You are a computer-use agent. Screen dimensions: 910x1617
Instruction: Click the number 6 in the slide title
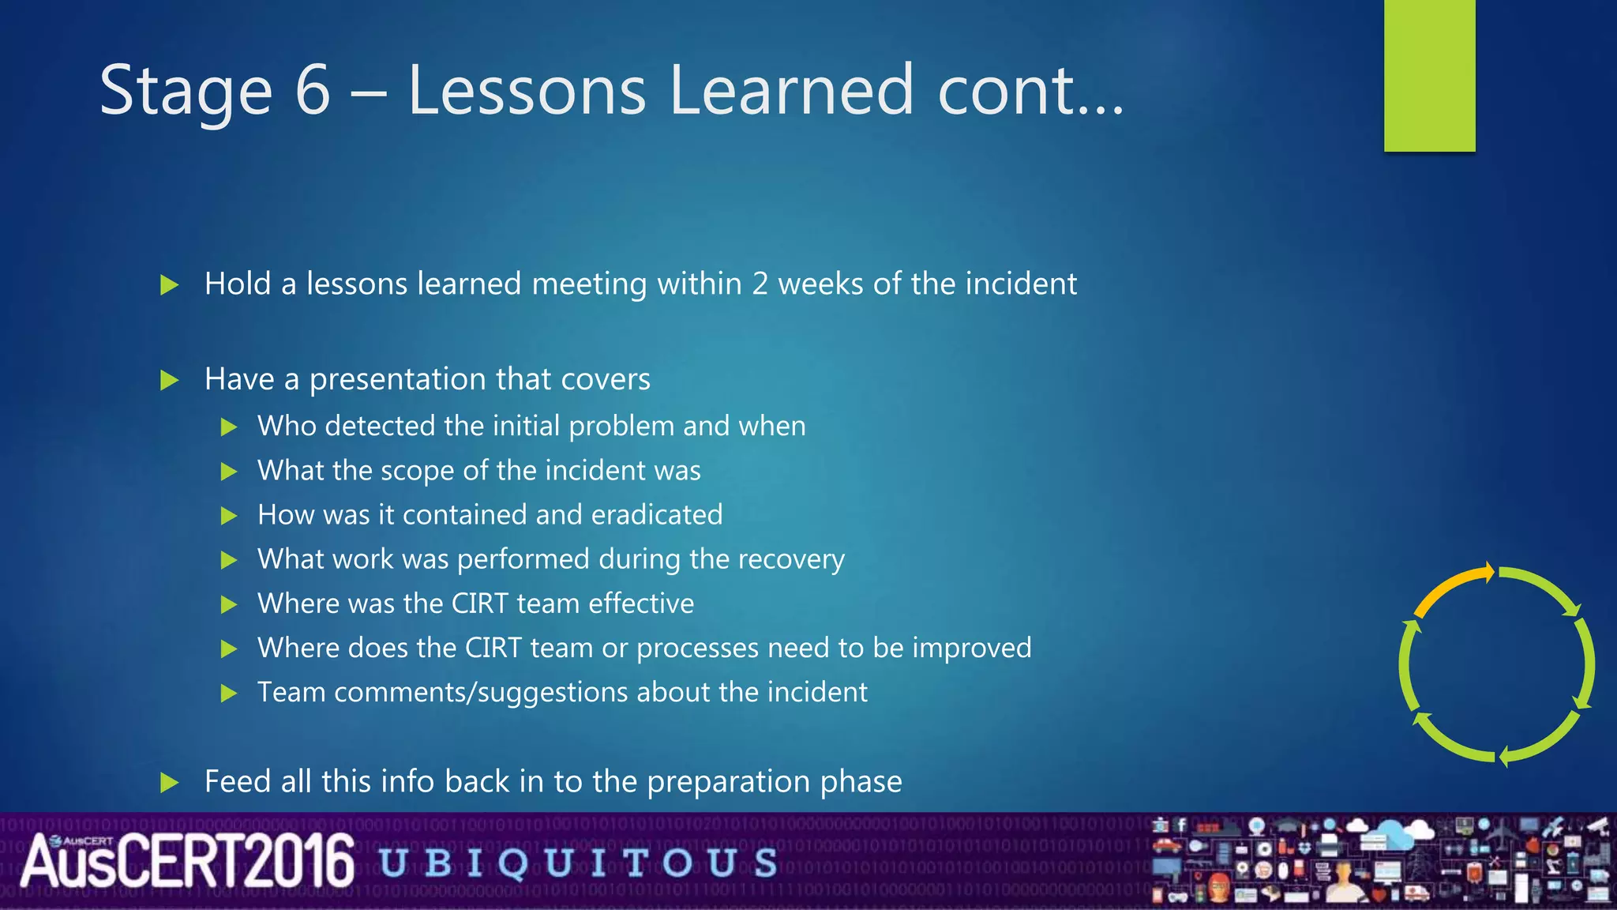point(313,90)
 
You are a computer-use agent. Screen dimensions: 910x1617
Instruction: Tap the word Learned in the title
point(790,90)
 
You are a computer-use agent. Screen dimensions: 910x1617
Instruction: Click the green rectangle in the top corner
point(1429,75)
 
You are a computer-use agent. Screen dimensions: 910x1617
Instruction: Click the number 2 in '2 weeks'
point(760,284)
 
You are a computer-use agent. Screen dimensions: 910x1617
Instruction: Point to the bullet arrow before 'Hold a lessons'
point(169,285)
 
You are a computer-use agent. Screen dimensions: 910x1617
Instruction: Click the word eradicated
point(656,515)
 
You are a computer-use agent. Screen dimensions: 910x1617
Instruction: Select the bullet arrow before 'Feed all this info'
point(169,783)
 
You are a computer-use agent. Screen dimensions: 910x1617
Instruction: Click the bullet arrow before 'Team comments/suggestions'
point(229,694)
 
